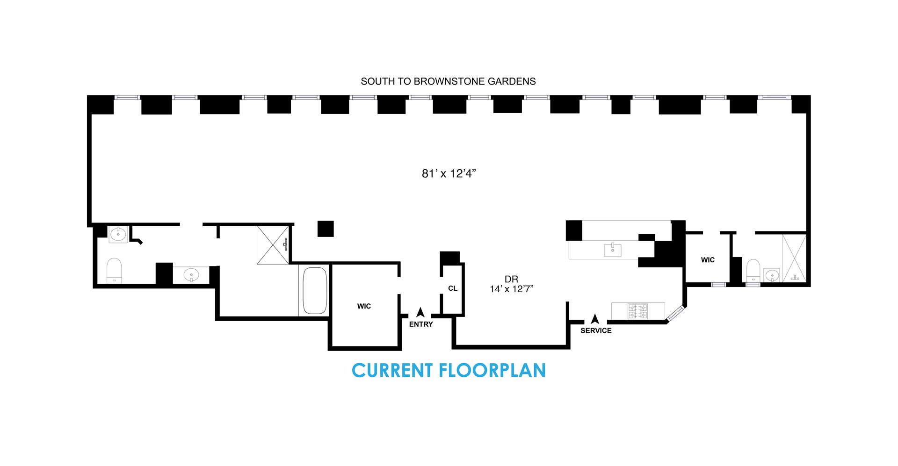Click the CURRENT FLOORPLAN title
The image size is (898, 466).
pos(449,370)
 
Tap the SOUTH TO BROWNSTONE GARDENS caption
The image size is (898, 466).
pos(448,81)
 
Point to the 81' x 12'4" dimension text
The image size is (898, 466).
pos(449,174)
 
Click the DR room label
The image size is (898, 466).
pos(512,280)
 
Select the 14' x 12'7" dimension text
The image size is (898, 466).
pos(512,289)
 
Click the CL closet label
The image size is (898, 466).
pos(453,288)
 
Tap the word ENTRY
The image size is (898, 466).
pos(421,324)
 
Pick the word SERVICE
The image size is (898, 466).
pos(596,330)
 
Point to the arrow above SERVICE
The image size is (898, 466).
pos(595,319)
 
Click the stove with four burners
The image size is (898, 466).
pos(637,312)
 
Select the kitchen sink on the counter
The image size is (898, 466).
pos(612,250)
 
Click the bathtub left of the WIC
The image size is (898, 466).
pos(315,291)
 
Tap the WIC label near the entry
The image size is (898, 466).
pos(364,306)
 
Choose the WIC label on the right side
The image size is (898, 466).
pos(708,260)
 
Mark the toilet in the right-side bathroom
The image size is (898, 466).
pos(753,271)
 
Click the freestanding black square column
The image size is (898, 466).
pos(326,229)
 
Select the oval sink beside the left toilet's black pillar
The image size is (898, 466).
pos(190,274)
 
